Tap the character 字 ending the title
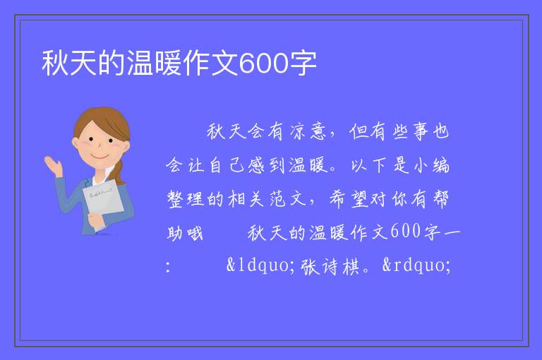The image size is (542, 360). tap(303, 64)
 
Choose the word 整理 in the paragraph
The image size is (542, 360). tap(186, 199)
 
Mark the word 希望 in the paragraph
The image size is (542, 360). tap(349, 199)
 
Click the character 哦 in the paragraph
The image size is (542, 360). tap(195, 233)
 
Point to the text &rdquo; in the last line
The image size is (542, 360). tap(416, 265)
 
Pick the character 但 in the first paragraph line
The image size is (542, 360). tap(358, 132)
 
